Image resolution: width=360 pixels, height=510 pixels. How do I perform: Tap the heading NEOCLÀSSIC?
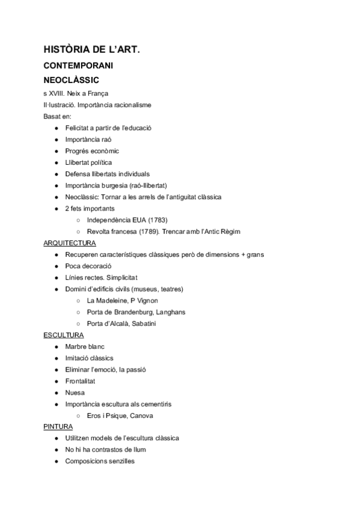[x=72, y=79]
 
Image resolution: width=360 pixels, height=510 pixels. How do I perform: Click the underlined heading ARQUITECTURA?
[x=70, y=243]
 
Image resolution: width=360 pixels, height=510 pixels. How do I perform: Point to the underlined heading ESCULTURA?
[x=64, y=335]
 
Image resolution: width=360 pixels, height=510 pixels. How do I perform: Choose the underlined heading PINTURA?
[x=58, y=426]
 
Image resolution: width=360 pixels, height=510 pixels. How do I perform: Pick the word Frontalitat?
[x=81, y=381]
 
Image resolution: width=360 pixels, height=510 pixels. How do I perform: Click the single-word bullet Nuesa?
[x=75, y=393]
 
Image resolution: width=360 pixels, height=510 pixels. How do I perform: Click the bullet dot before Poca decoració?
[x=56, y=266]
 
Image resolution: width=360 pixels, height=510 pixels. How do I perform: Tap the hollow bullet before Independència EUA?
[x=78, y=220]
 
